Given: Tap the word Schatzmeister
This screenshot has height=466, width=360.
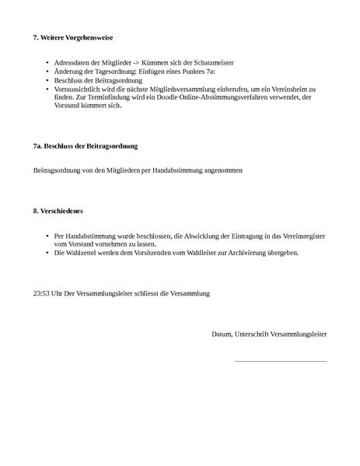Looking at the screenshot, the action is pos(211,62).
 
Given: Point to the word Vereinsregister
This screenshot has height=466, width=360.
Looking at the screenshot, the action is pos(303,235).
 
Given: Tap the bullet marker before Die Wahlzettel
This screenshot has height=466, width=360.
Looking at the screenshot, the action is pos(48,253).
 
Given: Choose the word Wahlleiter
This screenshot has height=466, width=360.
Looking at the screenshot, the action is pos(211,253).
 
